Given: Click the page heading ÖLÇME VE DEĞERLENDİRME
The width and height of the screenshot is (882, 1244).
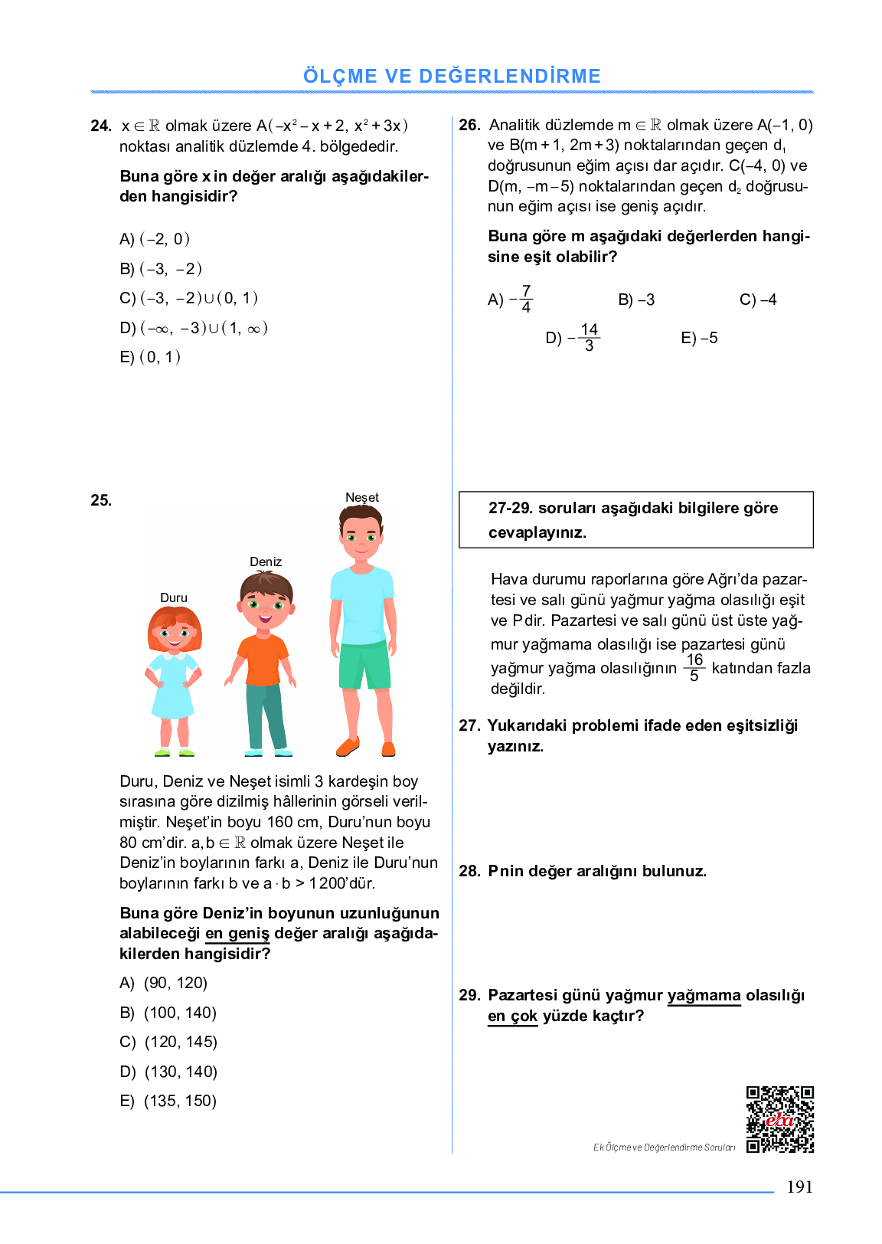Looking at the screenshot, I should coord(452,76).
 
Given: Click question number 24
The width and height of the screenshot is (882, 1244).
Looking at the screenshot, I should coord(100,126).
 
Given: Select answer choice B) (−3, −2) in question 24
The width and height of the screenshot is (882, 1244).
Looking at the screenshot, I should coord(161,269).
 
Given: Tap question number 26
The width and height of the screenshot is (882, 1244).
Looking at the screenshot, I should coord(469,125).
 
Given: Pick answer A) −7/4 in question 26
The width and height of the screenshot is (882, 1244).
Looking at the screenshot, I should coord(510,299).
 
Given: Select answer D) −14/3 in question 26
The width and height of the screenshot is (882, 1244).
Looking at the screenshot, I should coord(573,338).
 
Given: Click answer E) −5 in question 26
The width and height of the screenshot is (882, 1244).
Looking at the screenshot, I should coord(699,338).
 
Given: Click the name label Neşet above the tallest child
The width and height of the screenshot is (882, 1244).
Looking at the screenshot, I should coord(361,497).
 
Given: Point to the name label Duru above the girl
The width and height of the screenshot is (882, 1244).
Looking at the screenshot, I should coord(174,597).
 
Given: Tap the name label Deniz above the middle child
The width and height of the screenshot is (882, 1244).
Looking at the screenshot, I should coord(266,561).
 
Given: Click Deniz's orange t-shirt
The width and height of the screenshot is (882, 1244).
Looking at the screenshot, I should coord(263,660).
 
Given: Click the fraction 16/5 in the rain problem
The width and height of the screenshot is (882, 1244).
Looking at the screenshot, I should coord(694,667).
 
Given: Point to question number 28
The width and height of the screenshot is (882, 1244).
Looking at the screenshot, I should coord(469,871).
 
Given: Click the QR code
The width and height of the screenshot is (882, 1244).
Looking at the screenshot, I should coord(779,1119).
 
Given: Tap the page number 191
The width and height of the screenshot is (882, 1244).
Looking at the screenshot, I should coord(799,1187).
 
